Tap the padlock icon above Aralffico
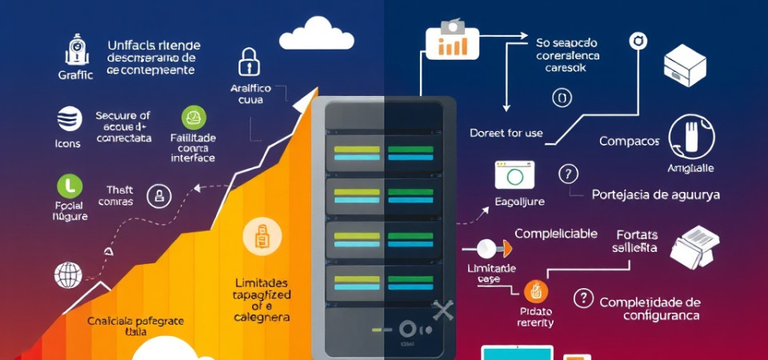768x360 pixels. tap(250, 62)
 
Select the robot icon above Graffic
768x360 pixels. tap(76, 50)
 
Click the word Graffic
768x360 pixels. tap(76, 74)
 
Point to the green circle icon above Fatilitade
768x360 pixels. tap(193, 118)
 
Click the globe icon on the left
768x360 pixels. tap(68, 274)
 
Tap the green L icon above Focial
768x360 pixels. tap(70, 186)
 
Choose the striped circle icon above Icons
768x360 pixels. tap(70, 118)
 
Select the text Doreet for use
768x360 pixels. tap(506, 133)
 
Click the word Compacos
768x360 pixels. tap(629, 141)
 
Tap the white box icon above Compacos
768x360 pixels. tap(685, 66)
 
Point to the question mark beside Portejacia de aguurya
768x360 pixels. tap(568, 174)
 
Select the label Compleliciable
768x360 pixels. tap(555, 234)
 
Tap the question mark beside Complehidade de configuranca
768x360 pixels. tap(584, 299)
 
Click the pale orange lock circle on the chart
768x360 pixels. tap(261, 237)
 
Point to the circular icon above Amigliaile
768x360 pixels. tap(690, 136)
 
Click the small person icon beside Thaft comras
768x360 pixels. tap(160, 195)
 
